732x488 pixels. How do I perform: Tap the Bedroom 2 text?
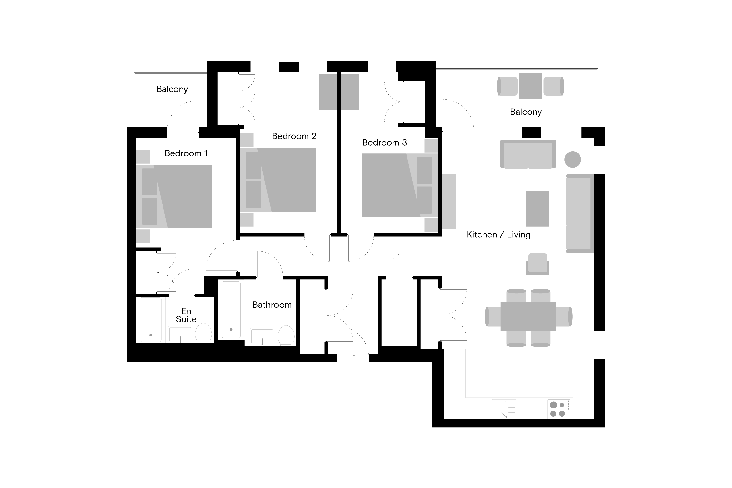(294, 136)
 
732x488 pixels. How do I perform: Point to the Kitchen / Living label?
(498, 235)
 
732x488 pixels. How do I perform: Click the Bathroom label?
(272, 305)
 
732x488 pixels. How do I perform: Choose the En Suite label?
(186, 315)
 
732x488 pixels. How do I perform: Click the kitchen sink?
(504, 409)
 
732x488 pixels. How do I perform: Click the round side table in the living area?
(572, 159)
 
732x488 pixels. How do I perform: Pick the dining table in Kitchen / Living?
(528, 316)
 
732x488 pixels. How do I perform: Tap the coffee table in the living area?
(538, 209)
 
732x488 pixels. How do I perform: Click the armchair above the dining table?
(538, 264)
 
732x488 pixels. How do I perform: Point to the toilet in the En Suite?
(203, 333)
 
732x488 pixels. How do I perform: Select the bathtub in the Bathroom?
(231, 310)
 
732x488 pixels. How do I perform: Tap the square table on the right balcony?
(530, 86)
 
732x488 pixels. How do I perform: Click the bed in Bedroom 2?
(278, 180)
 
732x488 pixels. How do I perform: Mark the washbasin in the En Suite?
(180, 334)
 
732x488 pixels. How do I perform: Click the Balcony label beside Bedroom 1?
(172, 89)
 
